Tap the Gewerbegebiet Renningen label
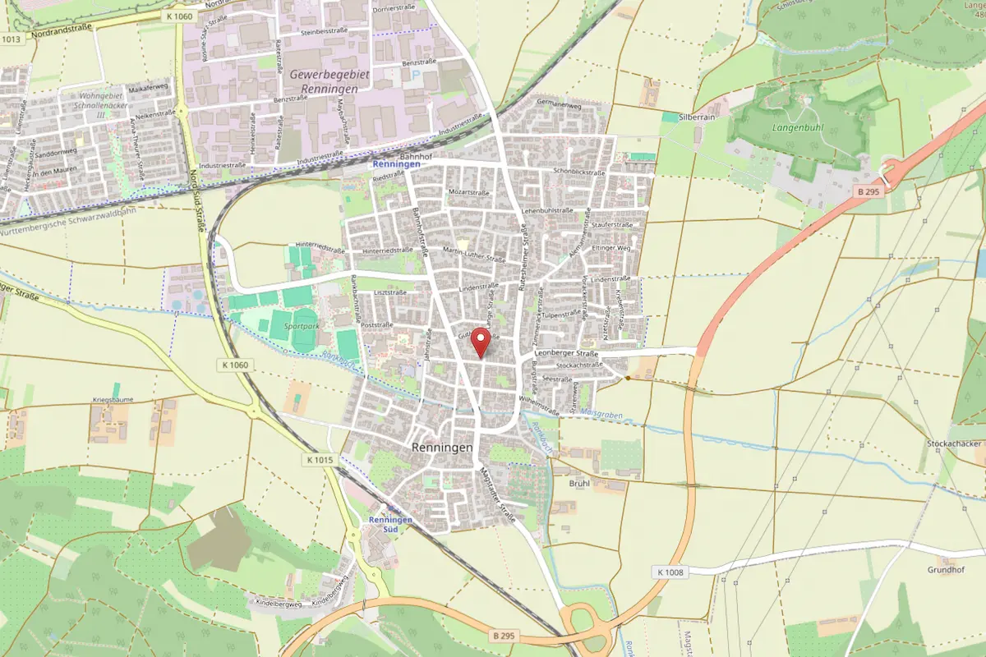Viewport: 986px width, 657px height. point(329,80)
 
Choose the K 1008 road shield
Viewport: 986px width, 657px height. point(670,572)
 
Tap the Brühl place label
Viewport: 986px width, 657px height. point(579,484)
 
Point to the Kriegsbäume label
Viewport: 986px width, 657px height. point(113,400)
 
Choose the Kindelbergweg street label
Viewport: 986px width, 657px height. point(279,604)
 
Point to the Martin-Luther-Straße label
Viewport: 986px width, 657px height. point(473,255)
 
